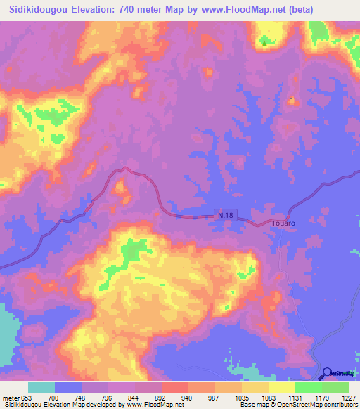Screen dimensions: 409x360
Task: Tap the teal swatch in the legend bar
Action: point(41,388)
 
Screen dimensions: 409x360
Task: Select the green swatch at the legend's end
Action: point(335,388)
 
